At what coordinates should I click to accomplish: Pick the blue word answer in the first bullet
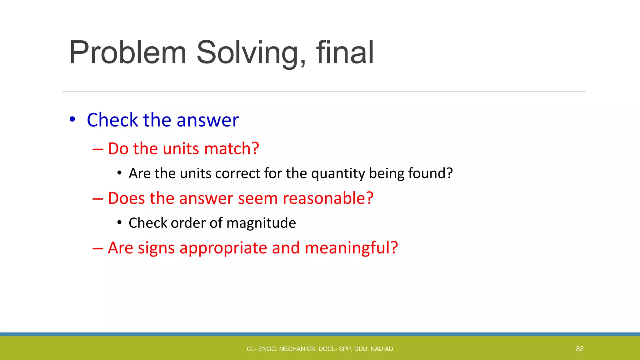207,120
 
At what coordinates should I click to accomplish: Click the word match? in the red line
232,148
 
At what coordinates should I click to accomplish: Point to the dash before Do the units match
97,149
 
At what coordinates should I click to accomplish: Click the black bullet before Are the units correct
119,173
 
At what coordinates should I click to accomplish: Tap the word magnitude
261,223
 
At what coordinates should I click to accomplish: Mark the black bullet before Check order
119,222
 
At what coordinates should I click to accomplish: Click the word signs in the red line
156,248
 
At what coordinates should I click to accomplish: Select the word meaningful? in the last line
351,248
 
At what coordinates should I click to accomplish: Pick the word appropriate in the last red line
223,248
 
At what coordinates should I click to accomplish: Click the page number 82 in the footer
580,349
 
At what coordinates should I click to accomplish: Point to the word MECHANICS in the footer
297,349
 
